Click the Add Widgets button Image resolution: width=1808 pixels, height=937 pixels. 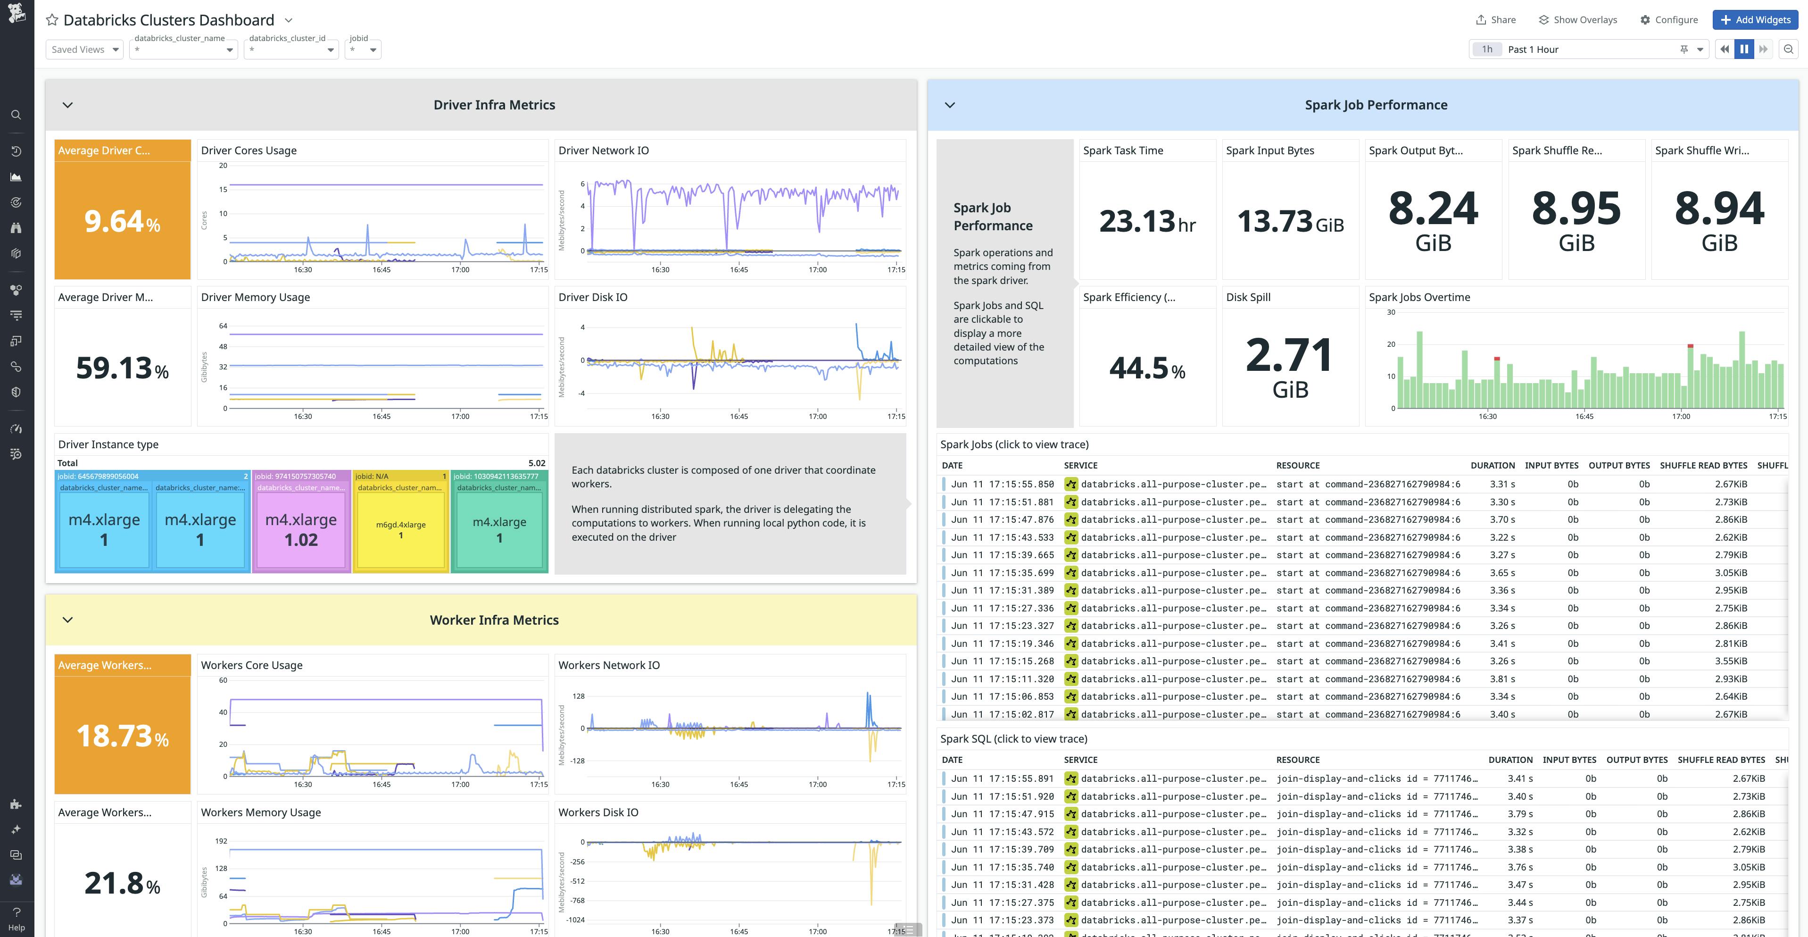[1755, 20]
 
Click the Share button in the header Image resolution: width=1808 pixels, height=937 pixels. [1496, 20]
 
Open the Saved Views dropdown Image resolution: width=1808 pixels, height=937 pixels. [84, 49]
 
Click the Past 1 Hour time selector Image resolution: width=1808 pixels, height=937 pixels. [1586, 49]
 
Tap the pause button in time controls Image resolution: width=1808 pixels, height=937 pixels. [1743, 49]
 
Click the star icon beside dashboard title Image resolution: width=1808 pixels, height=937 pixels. [52, 20]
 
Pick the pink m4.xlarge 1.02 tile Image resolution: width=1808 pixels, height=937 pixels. [301, 530]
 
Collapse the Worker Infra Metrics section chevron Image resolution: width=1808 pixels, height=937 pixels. [67, 619]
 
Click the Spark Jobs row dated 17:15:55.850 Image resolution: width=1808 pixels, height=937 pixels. [1002, 484]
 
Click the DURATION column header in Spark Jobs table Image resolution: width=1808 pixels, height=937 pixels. [1492, 465]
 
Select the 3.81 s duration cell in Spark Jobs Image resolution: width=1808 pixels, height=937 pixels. [1502, 678]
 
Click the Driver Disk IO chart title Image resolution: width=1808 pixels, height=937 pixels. [592, 297]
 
